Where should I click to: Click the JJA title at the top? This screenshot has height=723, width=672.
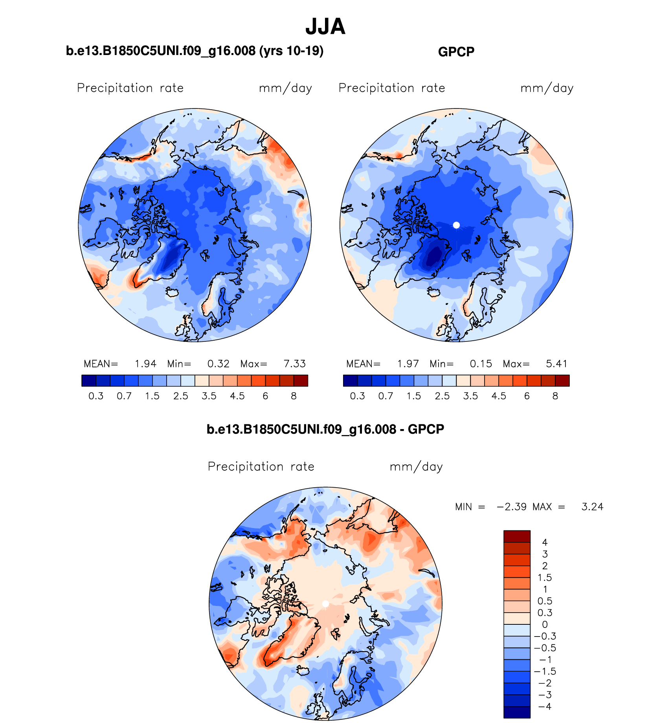[x=325, y=27]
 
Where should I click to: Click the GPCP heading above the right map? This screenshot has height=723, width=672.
[x=456, y=52]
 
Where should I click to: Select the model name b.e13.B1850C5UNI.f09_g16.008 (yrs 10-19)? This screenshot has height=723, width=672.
[x=195, y=51]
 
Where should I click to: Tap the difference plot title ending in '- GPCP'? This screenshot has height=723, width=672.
[x=325, y=429]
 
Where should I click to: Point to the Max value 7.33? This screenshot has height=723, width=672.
[x=295, y=364]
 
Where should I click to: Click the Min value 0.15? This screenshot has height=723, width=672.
[x=481, y=364]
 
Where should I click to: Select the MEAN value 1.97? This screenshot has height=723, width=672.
[x=408, y=364]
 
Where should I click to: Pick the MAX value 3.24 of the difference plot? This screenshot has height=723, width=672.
[x=592, y=507]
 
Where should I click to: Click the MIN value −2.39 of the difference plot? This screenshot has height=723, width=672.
[x=512, y=507]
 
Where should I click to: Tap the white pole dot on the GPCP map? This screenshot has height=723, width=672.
[x=456, y=225]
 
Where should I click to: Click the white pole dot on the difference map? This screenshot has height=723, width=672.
[x=325, y=604]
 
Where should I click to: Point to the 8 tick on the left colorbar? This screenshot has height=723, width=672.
[x=294, y=396]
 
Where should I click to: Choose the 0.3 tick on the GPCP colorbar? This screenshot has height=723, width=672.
[x=357, y=396]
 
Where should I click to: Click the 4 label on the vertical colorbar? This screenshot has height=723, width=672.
[x=545, y=543]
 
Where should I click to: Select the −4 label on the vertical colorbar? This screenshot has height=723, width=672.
[x=545, y=706]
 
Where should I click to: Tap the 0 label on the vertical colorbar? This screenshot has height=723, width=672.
[x=545, y=624]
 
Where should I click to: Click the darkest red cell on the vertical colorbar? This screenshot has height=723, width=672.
[x=517, y=536]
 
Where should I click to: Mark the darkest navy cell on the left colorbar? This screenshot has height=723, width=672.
[x=89, y=381]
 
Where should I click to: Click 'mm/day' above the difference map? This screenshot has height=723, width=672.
[x=416, y=467]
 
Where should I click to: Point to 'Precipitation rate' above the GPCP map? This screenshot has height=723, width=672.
[x=392, y=88]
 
